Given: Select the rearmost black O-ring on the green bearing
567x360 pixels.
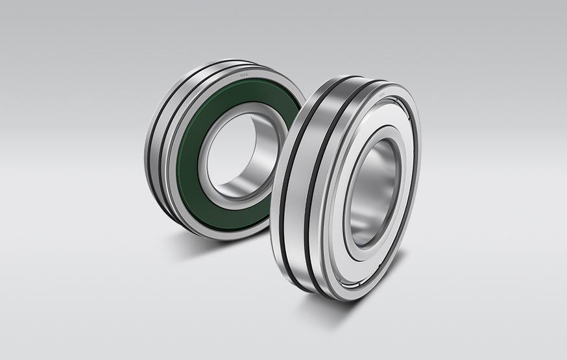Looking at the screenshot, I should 151,143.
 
